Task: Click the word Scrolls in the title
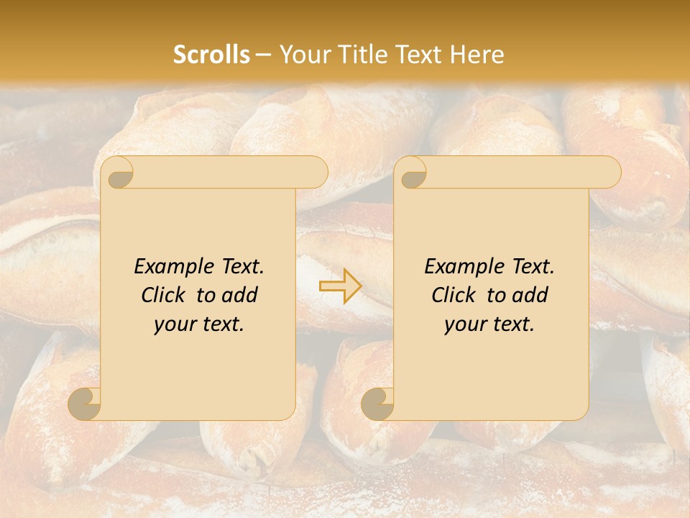pos(211,55)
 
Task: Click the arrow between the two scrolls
pos(341,286)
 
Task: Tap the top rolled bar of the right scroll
pos(520,173)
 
